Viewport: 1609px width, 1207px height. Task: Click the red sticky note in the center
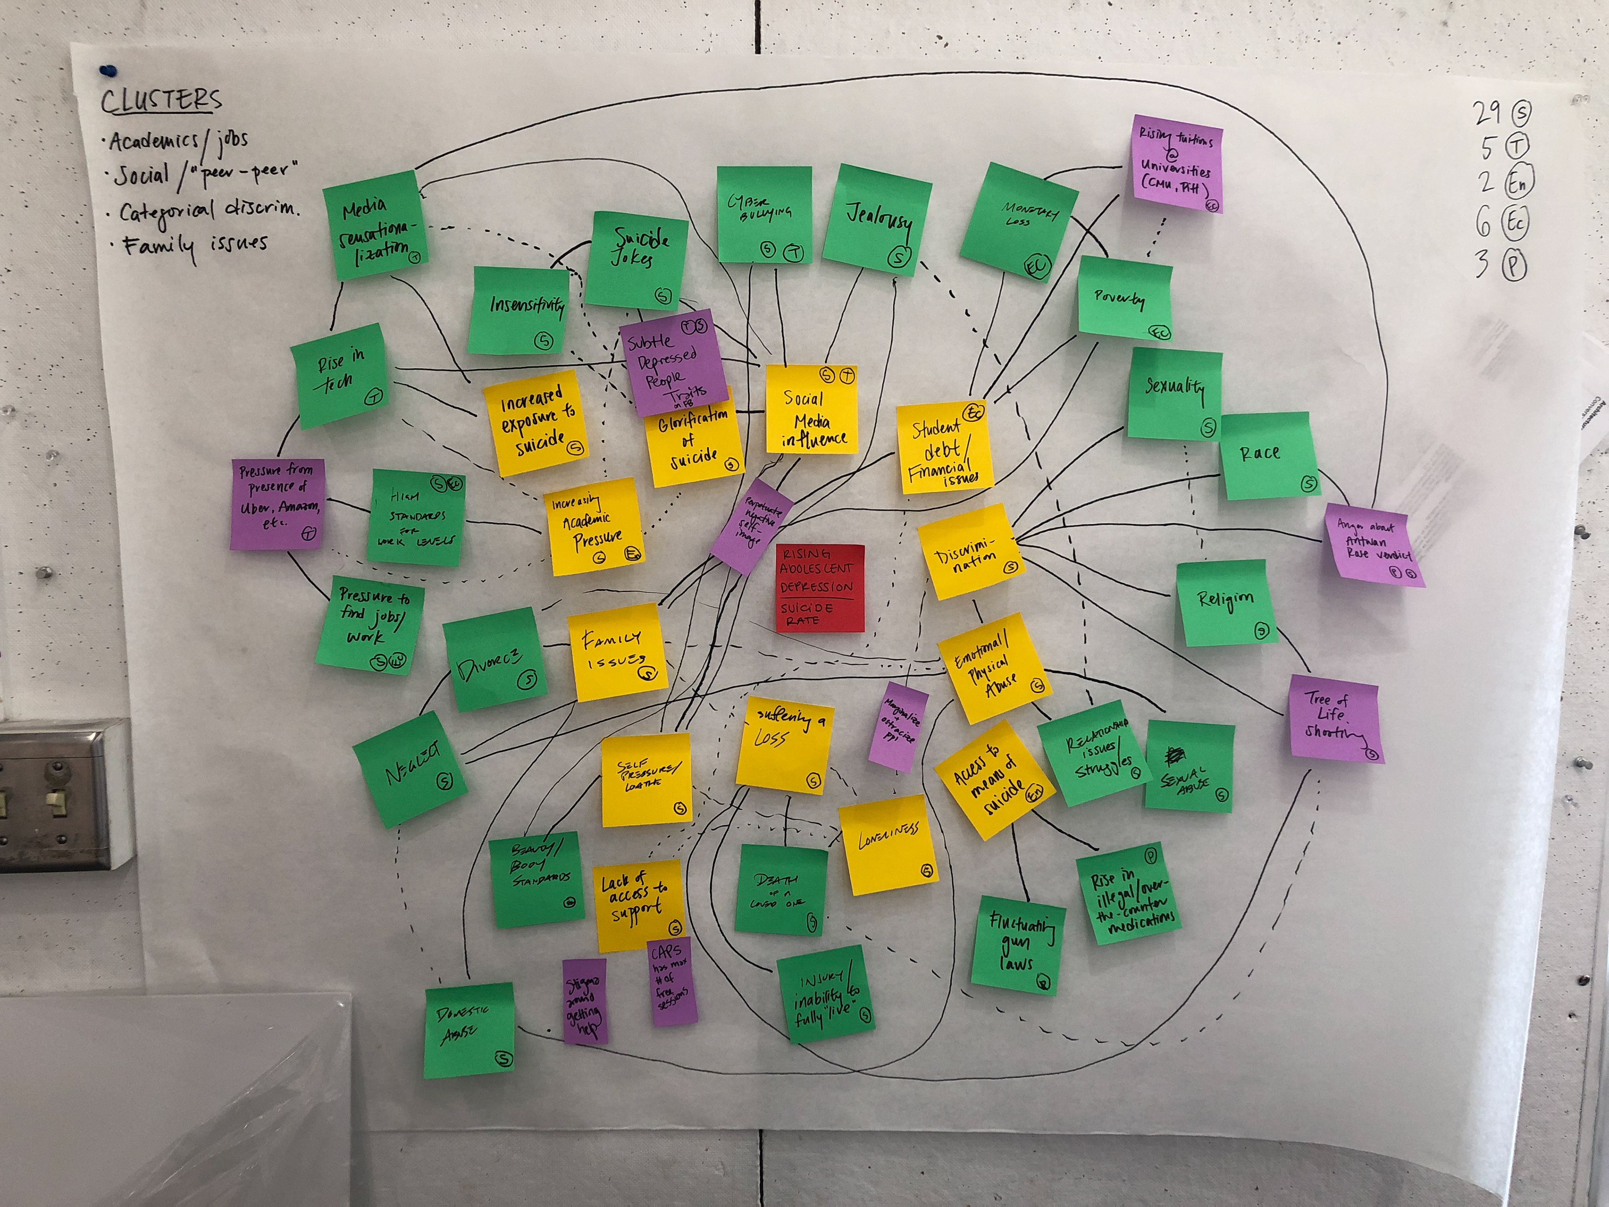click(x=819, y=587)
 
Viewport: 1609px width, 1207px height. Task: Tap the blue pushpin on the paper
click(x=109, y=70)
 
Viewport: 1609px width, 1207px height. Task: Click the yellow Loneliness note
click(x=889, y=844)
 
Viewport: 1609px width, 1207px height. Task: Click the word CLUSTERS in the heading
click(x=161, y=101)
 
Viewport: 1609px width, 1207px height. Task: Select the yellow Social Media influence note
click(x=812, y=411)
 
